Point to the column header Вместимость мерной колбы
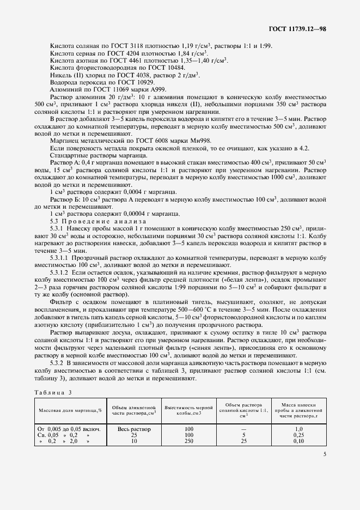tap(189, 410)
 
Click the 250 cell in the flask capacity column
tap(189, 441)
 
